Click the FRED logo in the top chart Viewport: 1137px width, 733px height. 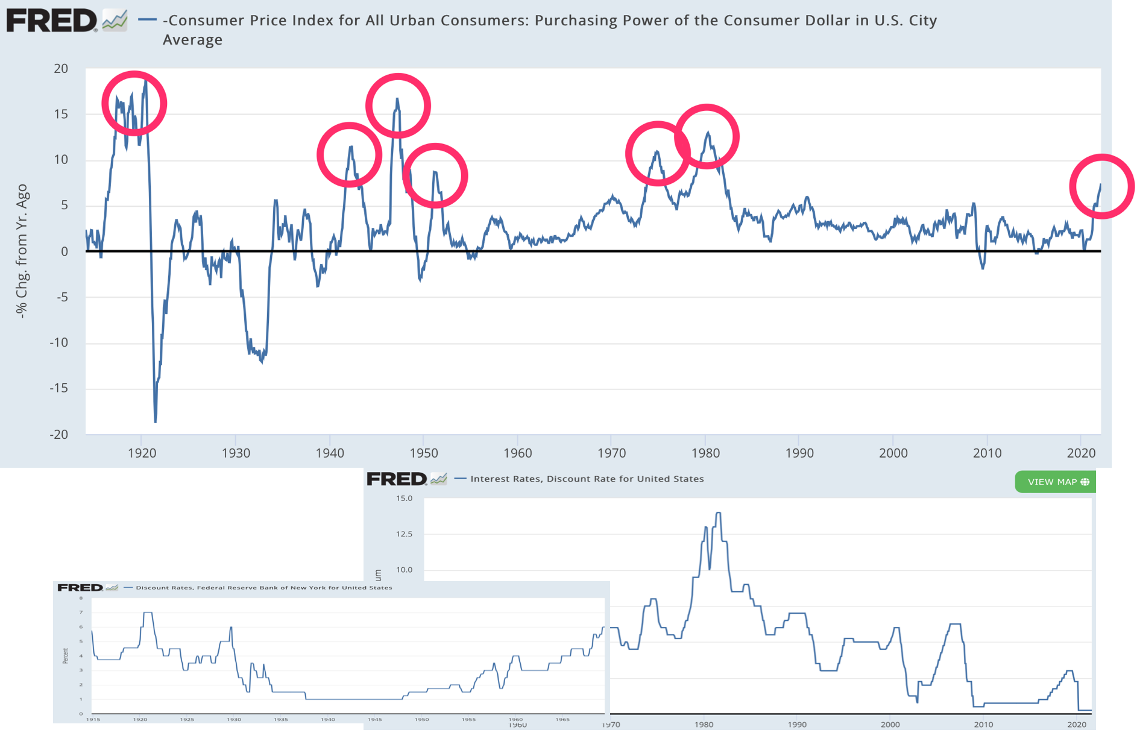(51, 21)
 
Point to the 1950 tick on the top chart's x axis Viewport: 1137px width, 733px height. (424, 453)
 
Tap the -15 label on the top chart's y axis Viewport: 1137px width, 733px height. (58, 389)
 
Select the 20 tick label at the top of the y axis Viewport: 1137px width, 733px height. (61, 69)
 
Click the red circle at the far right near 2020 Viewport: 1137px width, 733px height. (1101, 186)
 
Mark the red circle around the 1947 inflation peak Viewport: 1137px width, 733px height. (398, 106)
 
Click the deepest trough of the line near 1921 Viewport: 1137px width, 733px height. (155, 420)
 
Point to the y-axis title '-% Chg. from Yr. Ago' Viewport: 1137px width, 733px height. (22, 251)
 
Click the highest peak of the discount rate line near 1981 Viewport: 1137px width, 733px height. (718, 514)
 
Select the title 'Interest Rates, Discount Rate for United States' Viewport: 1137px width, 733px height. (587, 479)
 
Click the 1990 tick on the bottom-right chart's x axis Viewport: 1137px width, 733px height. (797, 724)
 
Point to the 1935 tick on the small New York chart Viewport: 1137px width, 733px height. (281, 719)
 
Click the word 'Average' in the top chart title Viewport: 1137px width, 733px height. (192, 40)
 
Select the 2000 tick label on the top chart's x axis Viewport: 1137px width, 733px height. (893, 453)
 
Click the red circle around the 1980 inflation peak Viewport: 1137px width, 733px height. (707, 137)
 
